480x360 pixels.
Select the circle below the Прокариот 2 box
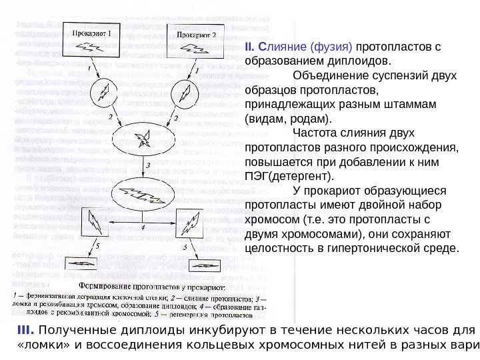[187, 91]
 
